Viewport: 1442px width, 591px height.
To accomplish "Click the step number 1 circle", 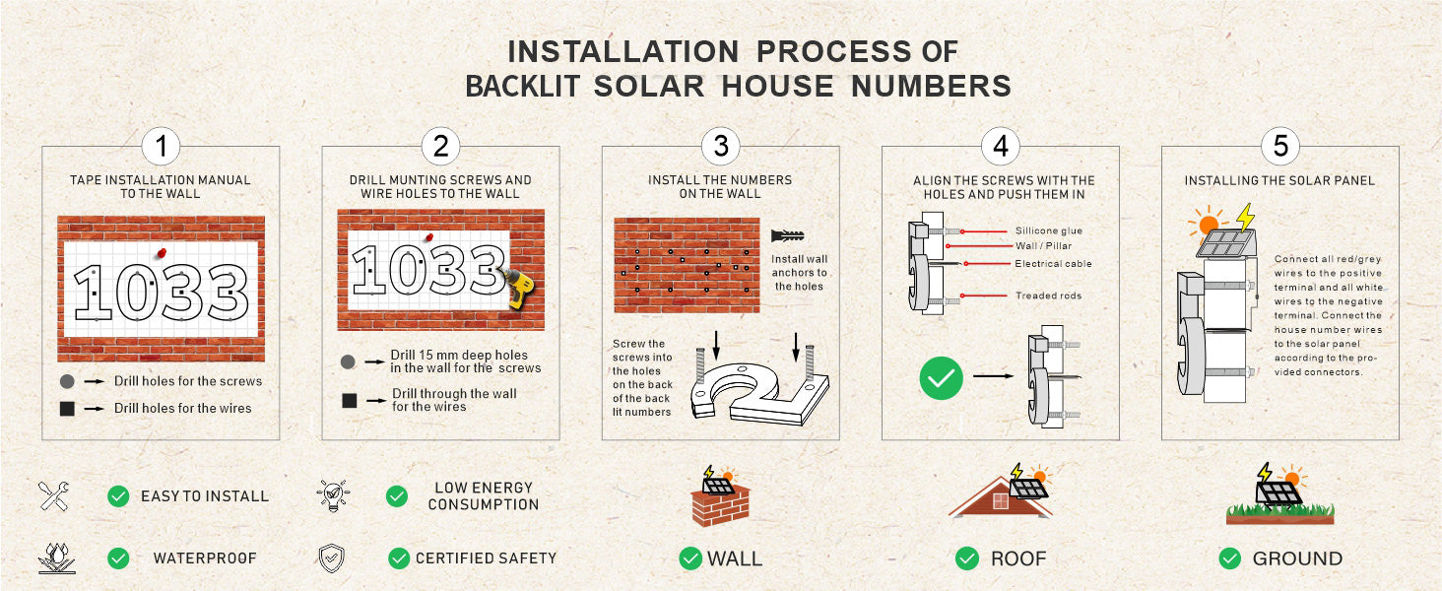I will click(161, 147).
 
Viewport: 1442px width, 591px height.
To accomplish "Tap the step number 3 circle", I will click(721, 147).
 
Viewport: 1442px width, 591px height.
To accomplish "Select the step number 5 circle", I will click(1280, 147).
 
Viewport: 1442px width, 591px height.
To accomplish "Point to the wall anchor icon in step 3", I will click(790, 236).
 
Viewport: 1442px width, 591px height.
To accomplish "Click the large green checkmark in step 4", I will click(941, 377).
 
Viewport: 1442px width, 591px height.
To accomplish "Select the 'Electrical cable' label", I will click(1053, 264).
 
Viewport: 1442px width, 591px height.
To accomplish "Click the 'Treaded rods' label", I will click(1049, 295).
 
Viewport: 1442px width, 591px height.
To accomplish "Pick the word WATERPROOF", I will click(205, 558).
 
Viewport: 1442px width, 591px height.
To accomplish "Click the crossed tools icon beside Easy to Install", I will click(53, 495).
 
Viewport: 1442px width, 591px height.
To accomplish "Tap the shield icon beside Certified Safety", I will click(332, 558).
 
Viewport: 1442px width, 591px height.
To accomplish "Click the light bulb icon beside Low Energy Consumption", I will click(332, 494).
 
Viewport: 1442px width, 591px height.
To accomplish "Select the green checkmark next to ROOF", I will click(967, 558).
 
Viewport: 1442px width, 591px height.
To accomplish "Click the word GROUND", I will click(1297, 558).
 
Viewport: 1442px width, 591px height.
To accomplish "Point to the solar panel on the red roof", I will click(1027, 488).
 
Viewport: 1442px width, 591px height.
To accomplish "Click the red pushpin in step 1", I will click(160, 253).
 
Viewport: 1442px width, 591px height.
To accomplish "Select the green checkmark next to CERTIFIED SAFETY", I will click(399, 558).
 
